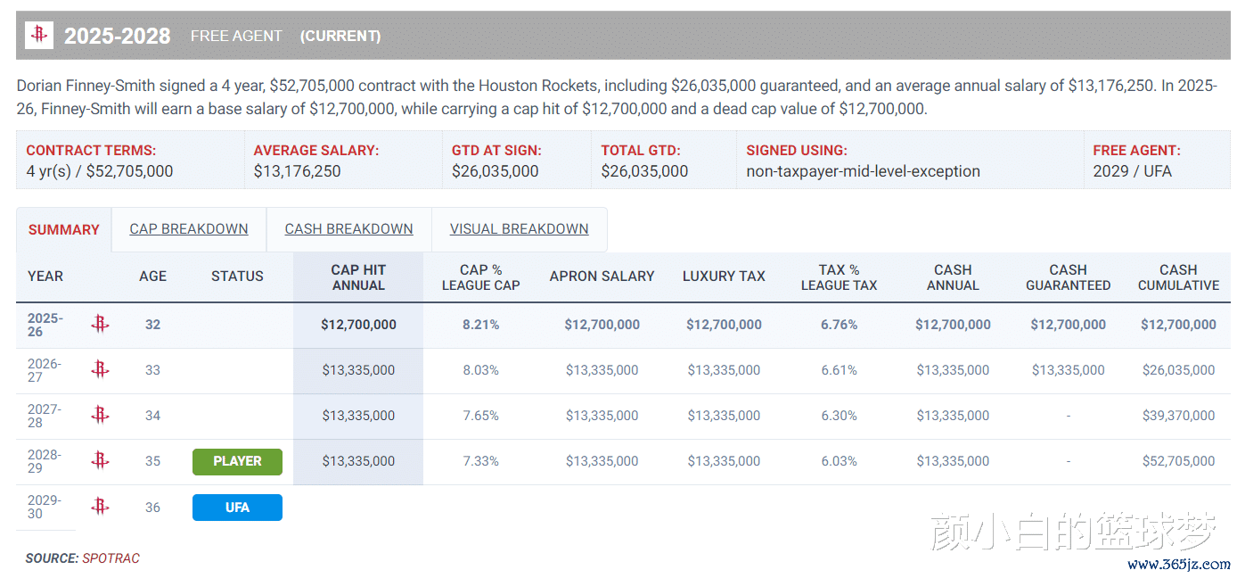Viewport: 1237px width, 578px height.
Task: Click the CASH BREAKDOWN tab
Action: [348, 229]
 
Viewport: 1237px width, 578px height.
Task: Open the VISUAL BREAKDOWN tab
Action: [519, 229]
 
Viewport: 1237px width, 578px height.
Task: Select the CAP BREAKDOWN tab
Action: [189, 229]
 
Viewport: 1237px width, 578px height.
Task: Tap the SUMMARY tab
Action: [63, 230]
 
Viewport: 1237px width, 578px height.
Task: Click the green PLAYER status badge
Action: [237, 461]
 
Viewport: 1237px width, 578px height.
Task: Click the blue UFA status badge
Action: [237, 508]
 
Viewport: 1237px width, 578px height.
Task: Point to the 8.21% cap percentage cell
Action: [480, 325]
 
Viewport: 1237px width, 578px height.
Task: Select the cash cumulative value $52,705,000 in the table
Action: [1178, 461]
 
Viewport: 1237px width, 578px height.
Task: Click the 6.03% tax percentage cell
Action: [839, 461]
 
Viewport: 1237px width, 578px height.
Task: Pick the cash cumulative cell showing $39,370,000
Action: [1178, 416]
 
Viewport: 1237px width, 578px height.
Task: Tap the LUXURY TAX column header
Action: [724, 277]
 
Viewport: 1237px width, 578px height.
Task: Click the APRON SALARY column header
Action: [602, 277]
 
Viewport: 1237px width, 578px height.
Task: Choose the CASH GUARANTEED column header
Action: [1068, 277]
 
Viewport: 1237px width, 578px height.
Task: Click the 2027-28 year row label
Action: [45, 416]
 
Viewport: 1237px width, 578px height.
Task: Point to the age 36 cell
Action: [152, 508]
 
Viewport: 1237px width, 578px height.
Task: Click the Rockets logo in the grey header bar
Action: [39, 36]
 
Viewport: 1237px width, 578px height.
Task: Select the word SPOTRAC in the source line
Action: [111, 558]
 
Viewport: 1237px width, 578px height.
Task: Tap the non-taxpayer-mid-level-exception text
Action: [863, 171]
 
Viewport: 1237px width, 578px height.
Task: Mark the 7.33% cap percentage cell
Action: [480, 461]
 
